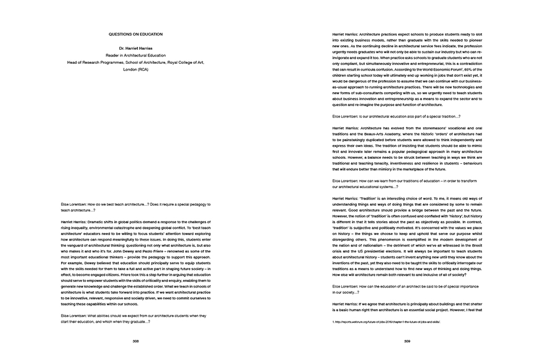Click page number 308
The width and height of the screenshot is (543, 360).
coord(136,341)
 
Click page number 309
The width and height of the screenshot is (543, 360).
coord(407,341)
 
